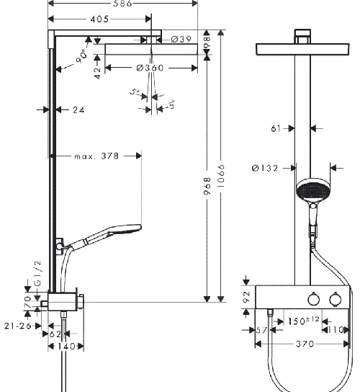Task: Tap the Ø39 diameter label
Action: [181, 40]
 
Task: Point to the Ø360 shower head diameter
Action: [151, 68]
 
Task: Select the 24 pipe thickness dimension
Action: [78, 110]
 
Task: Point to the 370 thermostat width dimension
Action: [305, 344]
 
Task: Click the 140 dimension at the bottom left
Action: [67, 346]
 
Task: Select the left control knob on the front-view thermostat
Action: [313, 299]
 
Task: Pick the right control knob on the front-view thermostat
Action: [333, 299]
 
